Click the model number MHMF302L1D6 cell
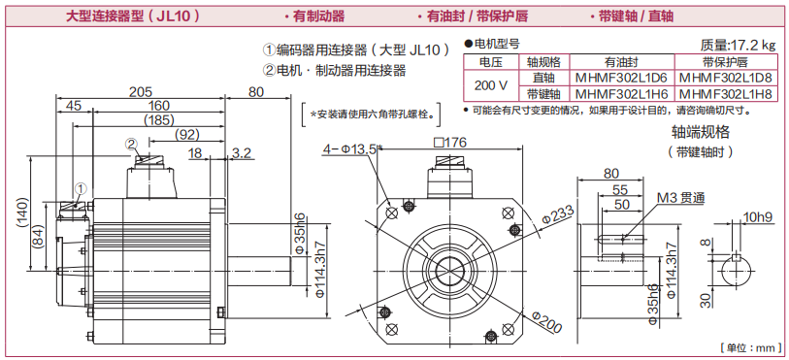[x=621, y=78]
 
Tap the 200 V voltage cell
[x=491, y=85]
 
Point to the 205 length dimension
[x=141, y=91]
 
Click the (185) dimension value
[x=158, y=120]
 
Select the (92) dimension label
[x=187, y=135]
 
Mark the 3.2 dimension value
[x=242, y=153]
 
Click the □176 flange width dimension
[x=450, y=143]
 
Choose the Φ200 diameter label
[x=546, y=322]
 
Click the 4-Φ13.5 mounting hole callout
[x=350, y=148]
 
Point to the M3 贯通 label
[x=681, y=198]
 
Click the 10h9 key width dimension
[x=757, y=217]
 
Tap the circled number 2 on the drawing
[x=131, y=145]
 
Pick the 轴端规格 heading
[x=701, y=132]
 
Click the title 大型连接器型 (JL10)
[x=133, y=16]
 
